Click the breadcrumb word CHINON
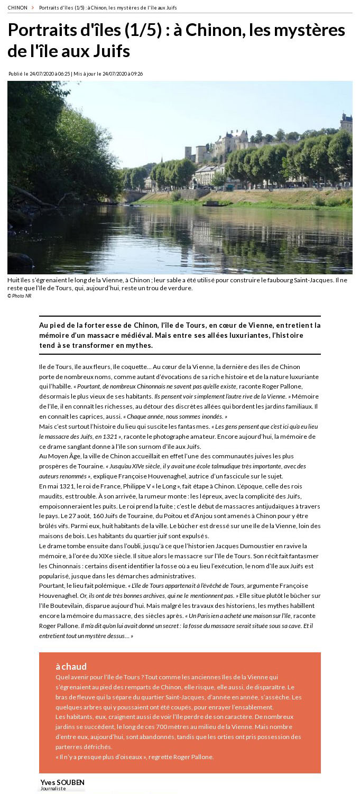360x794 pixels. (17, 8)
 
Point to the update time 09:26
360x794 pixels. (136, 74)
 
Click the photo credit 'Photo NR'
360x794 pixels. (20, 296)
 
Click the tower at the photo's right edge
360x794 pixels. (346, 122)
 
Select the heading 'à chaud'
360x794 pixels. (71, 667)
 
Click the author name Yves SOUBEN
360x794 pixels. (62, 782)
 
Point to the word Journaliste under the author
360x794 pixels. (53, 789)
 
